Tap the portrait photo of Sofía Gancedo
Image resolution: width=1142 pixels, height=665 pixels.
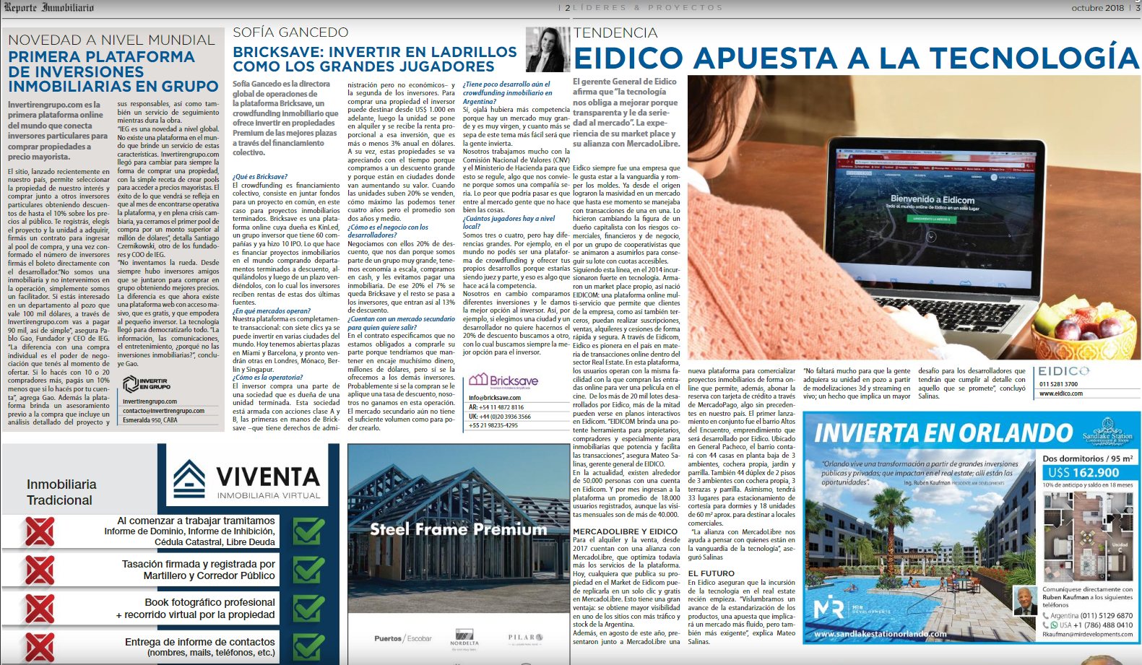(x=548, y=49)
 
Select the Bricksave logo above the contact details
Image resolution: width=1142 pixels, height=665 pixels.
(x=503, y=381)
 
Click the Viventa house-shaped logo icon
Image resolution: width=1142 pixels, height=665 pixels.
(x=189, y=479)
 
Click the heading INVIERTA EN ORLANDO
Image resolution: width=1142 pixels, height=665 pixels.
(x=943, y=433)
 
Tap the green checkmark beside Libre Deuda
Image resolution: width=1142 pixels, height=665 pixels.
(x=308, y=531)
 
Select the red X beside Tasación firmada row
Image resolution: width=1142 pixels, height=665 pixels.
(x=40, y=570)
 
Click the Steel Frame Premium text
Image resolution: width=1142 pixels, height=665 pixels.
(x=458, y=529)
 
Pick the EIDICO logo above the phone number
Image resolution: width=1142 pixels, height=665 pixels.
(x=1063, y=371)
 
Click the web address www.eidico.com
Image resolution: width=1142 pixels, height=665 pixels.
(x=1061, y=394)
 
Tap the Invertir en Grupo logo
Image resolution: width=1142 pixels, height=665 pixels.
(x=147, y=383)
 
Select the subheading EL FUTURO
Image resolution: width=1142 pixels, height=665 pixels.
(x=711, y=573)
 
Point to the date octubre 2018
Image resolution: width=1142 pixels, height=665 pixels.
(x=1097, y=8)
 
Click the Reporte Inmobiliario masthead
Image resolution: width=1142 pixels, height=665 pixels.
(x=49, y=7)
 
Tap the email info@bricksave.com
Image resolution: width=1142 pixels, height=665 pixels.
(x=494, y=398)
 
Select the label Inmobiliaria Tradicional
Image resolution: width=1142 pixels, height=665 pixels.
(x=61, y=492)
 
